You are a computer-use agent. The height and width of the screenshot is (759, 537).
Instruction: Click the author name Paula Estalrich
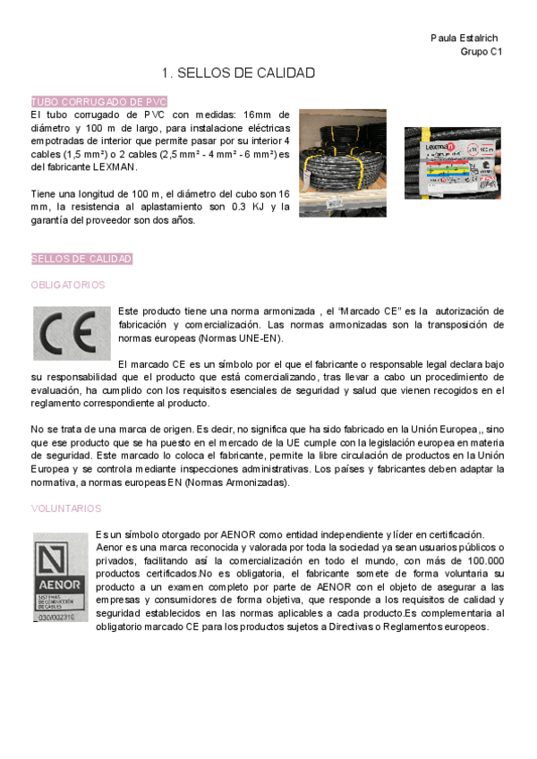464,38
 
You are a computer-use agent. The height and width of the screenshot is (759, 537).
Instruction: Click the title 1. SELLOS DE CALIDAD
238,72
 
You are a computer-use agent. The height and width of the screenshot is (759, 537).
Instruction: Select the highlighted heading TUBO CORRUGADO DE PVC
98,102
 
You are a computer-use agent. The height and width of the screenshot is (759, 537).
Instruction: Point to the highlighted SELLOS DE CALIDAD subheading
81,259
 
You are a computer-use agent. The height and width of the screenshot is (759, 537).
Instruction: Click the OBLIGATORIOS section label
67,285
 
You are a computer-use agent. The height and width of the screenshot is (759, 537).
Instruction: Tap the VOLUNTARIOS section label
66,507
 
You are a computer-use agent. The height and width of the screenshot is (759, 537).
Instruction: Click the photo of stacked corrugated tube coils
342,163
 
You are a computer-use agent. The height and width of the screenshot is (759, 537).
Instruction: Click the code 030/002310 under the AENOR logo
56,617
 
